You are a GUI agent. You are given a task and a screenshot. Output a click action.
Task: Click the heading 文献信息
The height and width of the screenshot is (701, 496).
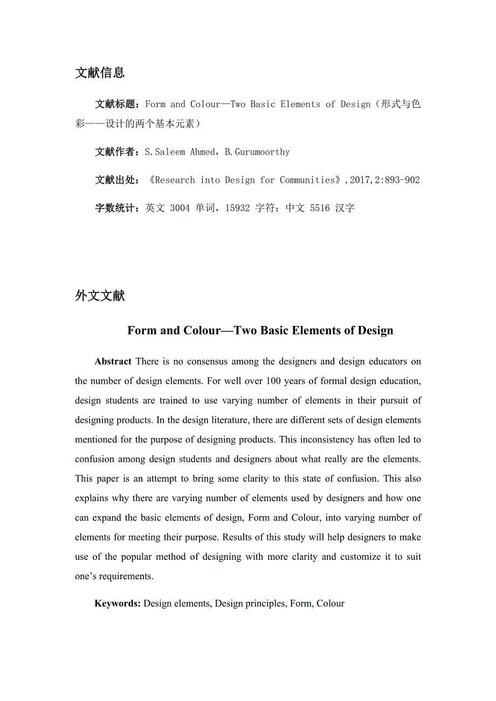[x=100, y=73]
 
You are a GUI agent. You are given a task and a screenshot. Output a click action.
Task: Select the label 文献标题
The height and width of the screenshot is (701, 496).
[x=117, y=105]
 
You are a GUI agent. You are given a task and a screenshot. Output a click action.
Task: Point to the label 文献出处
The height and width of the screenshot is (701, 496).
[x=117, y=180]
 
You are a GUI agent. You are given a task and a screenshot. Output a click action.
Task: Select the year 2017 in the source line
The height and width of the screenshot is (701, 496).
[x=360, y=180]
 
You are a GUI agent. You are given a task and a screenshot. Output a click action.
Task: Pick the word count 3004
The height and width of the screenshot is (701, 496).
[x=180, y=208]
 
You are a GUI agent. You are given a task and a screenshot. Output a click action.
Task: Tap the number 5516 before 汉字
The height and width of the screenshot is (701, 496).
[x=320, y=208]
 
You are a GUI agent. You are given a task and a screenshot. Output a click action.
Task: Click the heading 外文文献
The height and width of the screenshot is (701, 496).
[x=100, y=296]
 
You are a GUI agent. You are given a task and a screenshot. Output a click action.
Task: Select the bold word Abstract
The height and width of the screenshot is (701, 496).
[x=113, y=362]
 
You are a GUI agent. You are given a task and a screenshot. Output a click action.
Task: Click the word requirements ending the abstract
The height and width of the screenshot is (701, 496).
[x=125, y=576]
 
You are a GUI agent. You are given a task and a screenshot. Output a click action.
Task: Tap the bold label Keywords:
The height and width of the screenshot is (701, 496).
[x=118, y=603]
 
